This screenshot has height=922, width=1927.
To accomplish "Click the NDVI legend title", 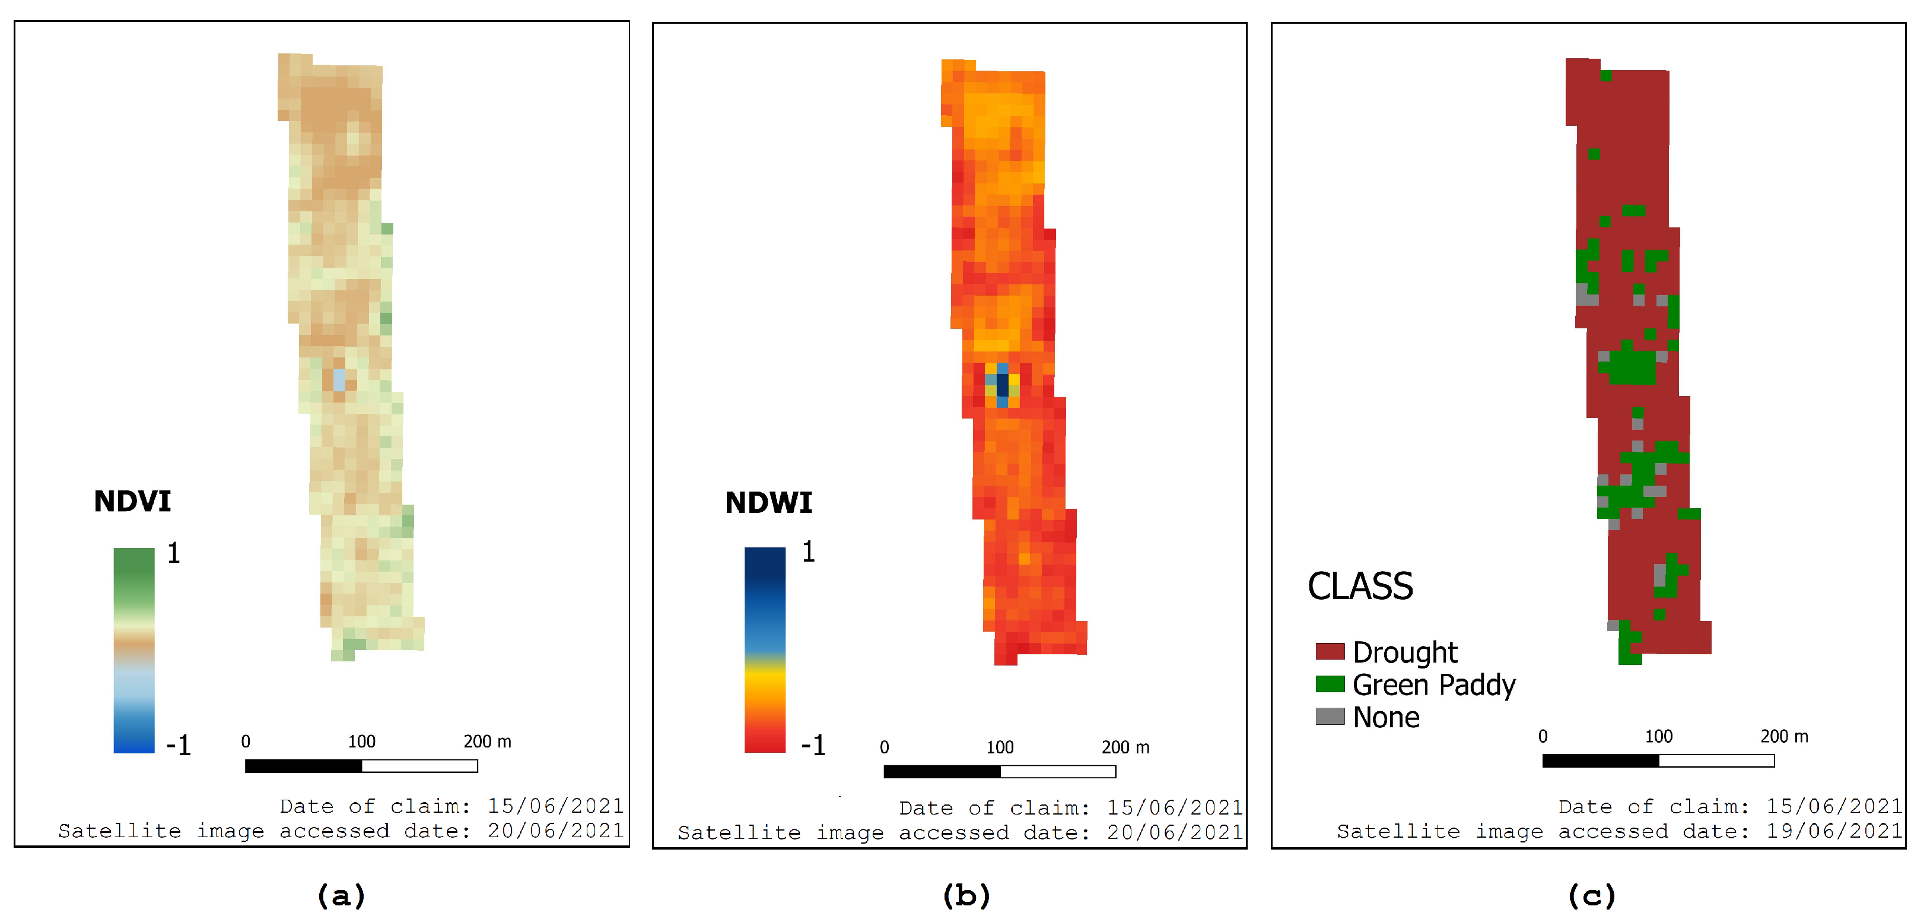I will tap(132, 502).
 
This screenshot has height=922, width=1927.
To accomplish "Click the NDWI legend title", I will tap(768, 503).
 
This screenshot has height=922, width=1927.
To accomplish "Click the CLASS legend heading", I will tap(1360, 586).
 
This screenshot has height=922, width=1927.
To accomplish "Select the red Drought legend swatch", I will tap(1330, 651).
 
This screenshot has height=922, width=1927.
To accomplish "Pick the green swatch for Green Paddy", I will tap(1330, 684).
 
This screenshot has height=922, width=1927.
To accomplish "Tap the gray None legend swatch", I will tap(1330, 716).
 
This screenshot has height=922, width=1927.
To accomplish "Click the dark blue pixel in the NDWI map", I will tap(1001, 385).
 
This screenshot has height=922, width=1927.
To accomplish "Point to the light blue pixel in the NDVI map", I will tap(339, 379).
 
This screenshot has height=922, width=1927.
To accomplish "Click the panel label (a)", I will tap(341, 895).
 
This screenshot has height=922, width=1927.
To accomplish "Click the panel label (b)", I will tap(966, 895).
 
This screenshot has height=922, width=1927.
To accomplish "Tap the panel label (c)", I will tap(1591, 895).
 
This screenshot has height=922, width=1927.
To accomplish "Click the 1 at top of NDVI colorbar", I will tap(174, 553).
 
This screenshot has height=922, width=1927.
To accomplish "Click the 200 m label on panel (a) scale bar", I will tap(487, 742).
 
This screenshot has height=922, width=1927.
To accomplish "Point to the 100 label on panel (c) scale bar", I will tap(1658, 736).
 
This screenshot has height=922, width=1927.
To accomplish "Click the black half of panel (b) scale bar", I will tap(941, 772).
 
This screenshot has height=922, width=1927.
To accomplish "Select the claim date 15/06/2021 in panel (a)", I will tap(555, 806).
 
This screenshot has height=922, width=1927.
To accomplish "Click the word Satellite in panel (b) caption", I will tap(738, 833).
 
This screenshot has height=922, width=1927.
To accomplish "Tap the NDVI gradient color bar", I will tap(134, 649).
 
